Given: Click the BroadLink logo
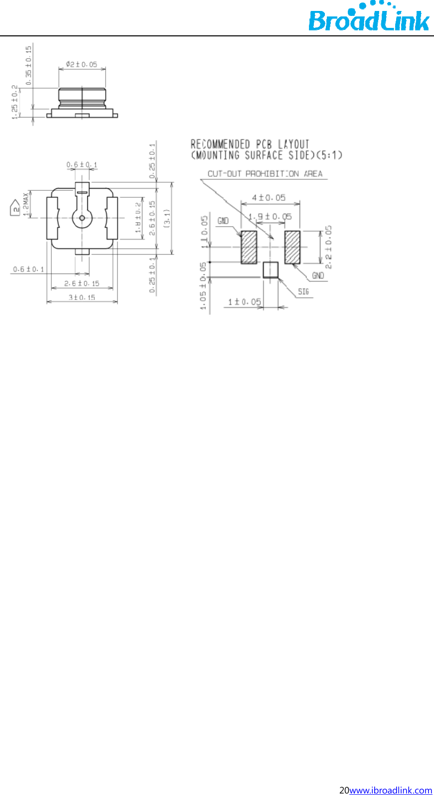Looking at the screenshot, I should (x=368, y=18).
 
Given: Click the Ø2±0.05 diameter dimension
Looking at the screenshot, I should (x=81, y=64).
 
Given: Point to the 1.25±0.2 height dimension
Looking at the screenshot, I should (x=15, y=102).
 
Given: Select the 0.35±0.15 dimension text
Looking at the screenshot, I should (x=28, y=65).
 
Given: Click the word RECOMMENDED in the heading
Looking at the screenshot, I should (x=220, y=144).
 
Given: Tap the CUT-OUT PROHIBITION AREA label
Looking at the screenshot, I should (x=265, y=174).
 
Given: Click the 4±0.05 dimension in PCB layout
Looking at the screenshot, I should (x=269, y=198).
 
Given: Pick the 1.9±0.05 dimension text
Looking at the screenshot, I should (x=270, y=217).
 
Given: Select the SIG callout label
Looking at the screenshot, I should (x=303, y=291).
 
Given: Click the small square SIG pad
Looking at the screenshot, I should (x=271, y=269).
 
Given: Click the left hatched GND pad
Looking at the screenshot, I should (x=249, y=247).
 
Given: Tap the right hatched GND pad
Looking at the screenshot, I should (x=292, y=247).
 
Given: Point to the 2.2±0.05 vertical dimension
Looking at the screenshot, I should (x=328, y=247).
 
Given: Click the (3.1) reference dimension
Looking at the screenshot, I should (x=167, y=218).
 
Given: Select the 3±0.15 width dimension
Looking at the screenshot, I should (x=82, y=297).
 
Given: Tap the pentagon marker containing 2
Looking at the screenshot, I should (x=15, y=208).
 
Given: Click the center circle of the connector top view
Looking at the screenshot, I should (x=82, y=218).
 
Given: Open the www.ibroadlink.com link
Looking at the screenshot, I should (x=391, y=790).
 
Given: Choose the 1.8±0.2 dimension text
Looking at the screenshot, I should (x=138, y=218).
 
